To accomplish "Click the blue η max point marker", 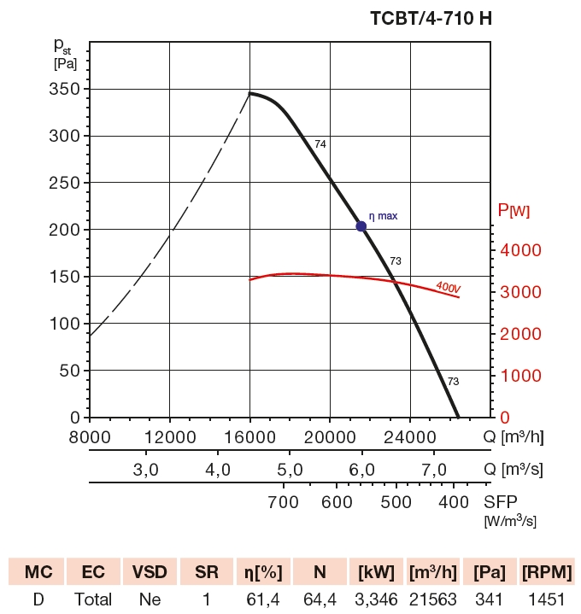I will (x=361, y=226).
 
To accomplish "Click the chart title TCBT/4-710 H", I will (x=431, y=17).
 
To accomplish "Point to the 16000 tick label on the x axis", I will (x=249, y=437).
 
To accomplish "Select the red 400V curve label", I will (x=447, y=288).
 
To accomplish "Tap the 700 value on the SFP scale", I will (x=283, y=501).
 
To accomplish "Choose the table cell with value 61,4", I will (x=262, y=599).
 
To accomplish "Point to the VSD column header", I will (x=150, y=571).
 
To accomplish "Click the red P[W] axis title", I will (x=514, y=211).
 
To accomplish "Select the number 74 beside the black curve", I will (x=320, y=144).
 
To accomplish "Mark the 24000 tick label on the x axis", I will (x=409, y=437).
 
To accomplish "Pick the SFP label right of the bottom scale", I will (x=501, y=501).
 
